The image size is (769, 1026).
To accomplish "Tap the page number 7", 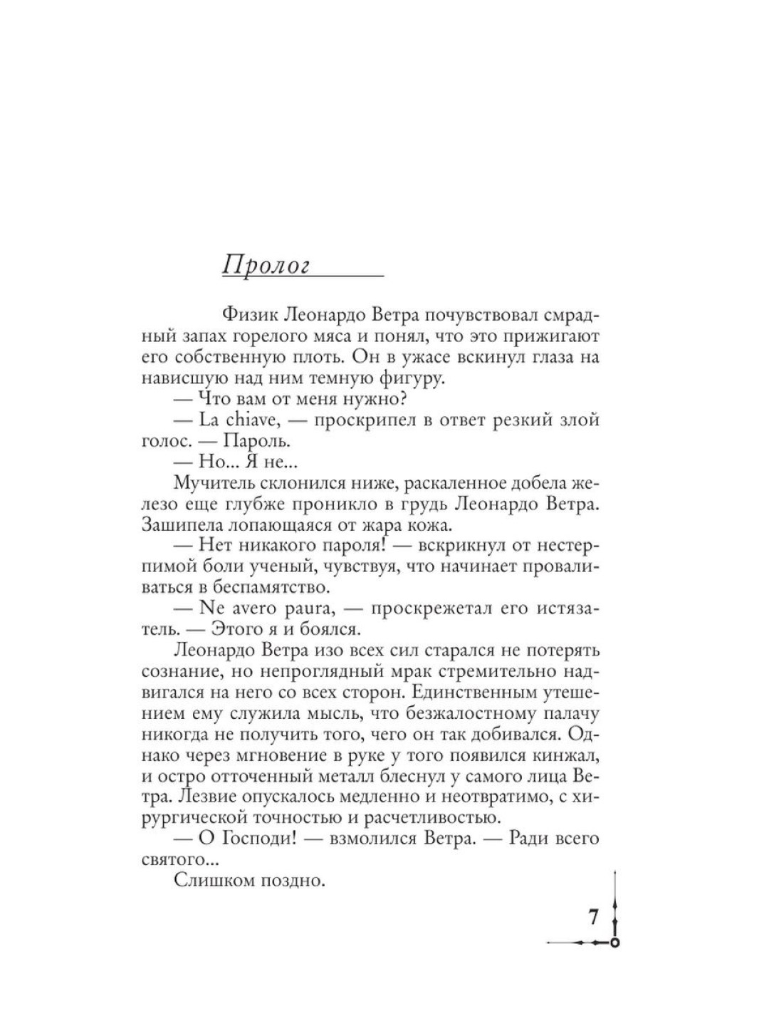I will coord(592,917).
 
